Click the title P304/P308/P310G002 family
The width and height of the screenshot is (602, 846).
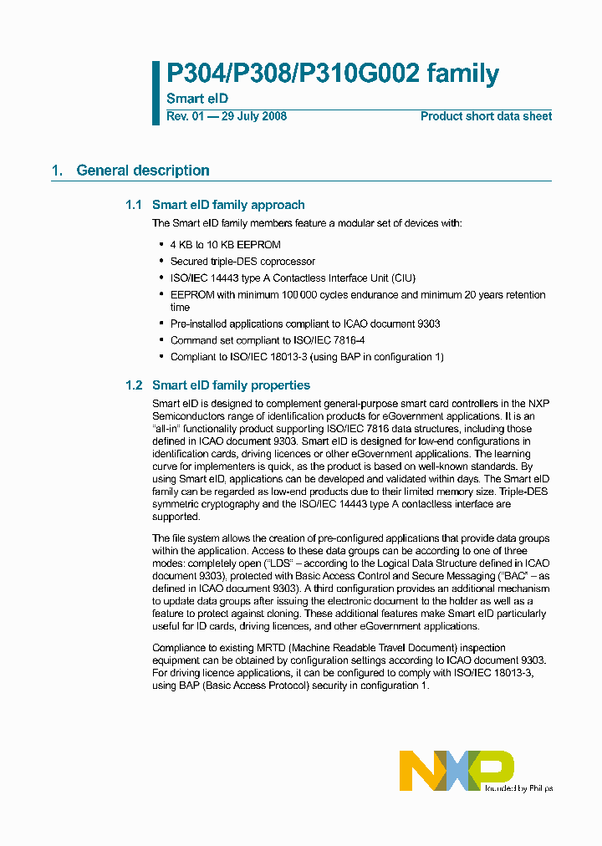click(333, 74)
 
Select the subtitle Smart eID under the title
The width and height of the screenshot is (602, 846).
click(197, 99)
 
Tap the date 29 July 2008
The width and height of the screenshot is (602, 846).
click(253, 116)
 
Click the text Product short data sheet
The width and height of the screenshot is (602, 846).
click(486, 116)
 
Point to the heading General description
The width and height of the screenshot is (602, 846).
click(143, 171)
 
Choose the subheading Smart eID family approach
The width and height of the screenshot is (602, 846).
click(228, 205)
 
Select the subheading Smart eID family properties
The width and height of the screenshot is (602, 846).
click(231, 385)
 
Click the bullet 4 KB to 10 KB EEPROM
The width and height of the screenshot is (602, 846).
click(226, 245)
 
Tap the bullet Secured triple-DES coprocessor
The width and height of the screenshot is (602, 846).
click(242, 262)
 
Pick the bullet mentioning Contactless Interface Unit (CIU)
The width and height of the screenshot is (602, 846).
click(293, 278)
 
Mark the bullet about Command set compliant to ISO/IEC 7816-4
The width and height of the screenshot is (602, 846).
click(268, 340)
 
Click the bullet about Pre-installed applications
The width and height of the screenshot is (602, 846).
click(305, 324)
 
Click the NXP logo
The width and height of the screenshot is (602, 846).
click(456, 770)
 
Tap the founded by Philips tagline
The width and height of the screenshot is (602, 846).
click(519, 788)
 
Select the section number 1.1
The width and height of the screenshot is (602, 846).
click(134, 205)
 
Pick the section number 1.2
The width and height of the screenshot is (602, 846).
click(134, 385)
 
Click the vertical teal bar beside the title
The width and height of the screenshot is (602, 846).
click(156, 93)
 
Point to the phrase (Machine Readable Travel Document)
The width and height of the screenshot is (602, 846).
click(361, 648)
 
